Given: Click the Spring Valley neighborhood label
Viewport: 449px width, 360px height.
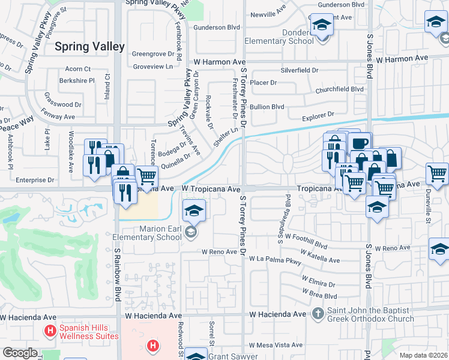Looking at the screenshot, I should (89, 46).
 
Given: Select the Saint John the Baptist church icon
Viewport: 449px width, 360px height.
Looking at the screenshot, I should (319, 314).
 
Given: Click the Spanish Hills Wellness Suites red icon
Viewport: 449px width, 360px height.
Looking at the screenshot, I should (50, 331).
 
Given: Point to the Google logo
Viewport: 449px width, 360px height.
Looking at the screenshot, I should (20, 353).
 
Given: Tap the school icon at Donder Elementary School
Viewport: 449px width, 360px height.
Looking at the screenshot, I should (322, 26).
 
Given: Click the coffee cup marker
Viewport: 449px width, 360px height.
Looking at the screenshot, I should (360, 144).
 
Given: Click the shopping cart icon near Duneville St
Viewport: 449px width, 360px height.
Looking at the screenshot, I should (437, 175).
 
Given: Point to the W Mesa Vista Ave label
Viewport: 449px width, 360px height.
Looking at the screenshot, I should (276, 345).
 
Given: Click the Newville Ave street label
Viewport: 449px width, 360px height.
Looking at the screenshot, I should (268, 13).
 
